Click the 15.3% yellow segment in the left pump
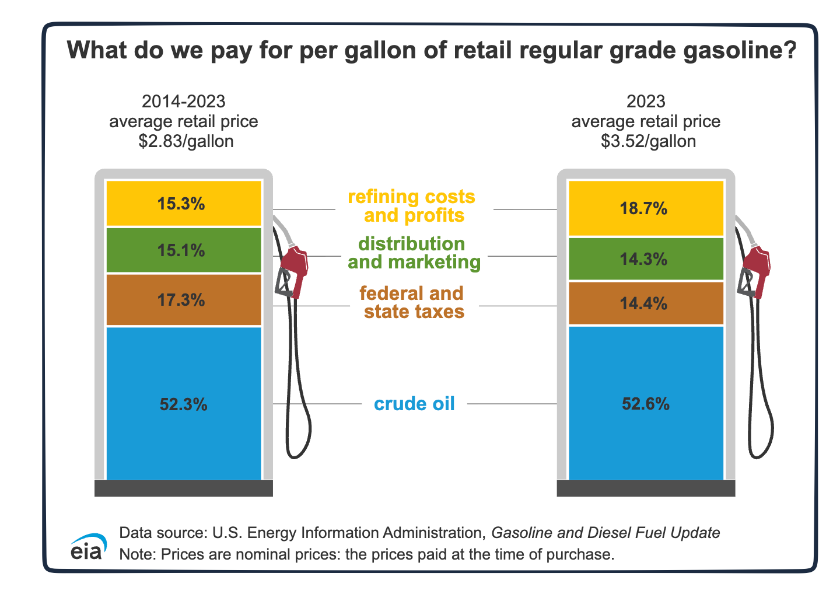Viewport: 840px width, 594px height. coord(183,204)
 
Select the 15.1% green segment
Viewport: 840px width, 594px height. coord(183,250)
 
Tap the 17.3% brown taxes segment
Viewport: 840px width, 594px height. coord(183,300)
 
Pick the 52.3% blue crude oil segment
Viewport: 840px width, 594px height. coord(183,404)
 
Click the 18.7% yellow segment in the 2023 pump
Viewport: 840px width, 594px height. coord(646,208)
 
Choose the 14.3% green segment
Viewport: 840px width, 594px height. coord(646,259)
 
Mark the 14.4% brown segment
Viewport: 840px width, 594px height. coord(646,303)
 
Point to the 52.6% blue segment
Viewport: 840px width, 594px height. coord(646,403)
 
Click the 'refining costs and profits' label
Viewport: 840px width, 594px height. coord(412,206)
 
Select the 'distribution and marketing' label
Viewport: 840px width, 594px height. coord(414,253)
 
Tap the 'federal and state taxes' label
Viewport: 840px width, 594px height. coord(413,302)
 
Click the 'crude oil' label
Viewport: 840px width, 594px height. coord(414,404)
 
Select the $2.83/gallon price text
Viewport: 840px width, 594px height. coord(185,141)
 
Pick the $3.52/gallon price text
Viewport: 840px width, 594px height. coord(648,141)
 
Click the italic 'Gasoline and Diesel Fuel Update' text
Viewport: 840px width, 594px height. coord(605,532)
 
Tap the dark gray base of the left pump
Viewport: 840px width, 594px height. coord(183,488)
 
